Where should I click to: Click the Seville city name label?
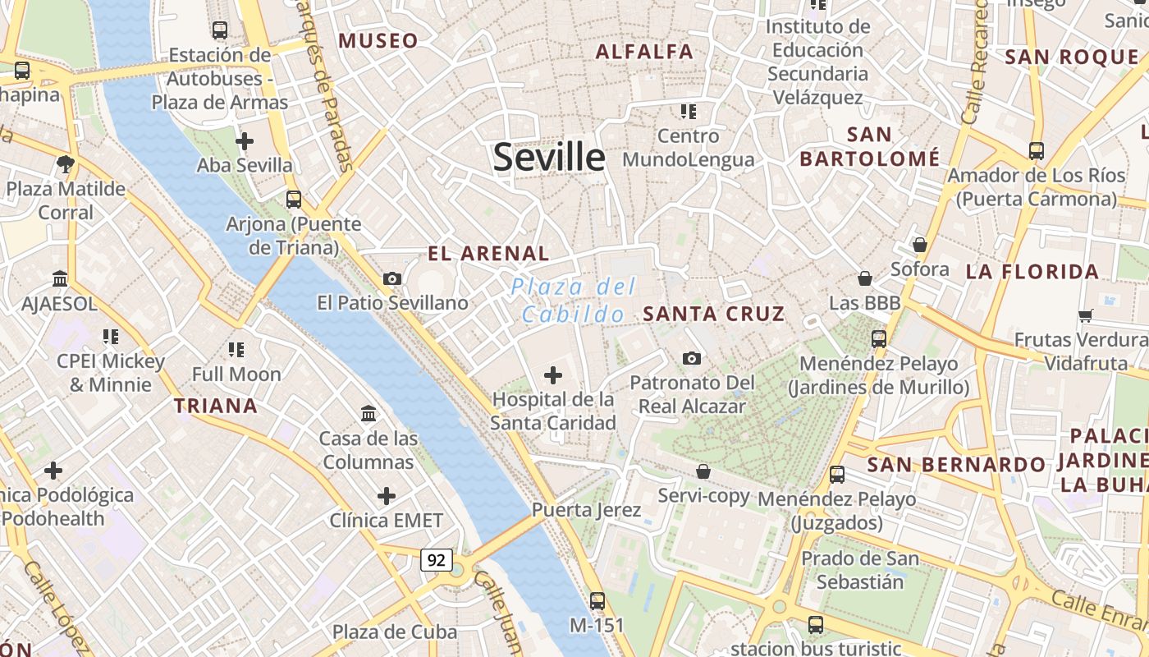pyautogui.click(x=549, y=157)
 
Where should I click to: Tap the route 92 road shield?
pyautogui.click(x=437, y=560)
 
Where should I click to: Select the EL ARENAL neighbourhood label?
pyautogui.click(x=488, y=253)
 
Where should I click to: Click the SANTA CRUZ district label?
pyautogui.click(x=714, y=313)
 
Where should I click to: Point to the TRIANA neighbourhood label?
pyautogui.click(x=216, y=405)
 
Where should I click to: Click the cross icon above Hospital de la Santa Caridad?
pyautogui.click(x=553, y=375)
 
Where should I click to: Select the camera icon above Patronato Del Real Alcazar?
pyautogui.click(x=692, y=358)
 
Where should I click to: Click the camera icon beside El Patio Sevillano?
pyautogui.click(x=392, y=279)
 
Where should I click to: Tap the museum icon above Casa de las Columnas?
pyautogui.click(x=369, y=413)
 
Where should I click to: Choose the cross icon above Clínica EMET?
pyautogui.click(x=386, y=496)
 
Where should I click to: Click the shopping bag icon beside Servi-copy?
pyautogui.click(x=703, y=471)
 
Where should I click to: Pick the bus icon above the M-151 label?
pyautogui.click(x=597, y=600)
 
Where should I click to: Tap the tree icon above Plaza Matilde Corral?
pyautogui.click(x=66, y=164)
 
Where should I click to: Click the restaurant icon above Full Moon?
pyautogui.click(x=236, y=350)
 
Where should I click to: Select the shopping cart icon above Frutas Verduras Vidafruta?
pyautogui.click(x=1086, y=315)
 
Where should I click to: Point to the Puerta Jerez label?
pyautogui.click(x=586, y=510)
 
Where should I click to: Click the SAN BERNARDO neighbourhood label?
pyautogui.click(x=956, y=465)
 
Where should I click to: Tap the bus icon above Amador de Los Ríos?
pyautogui.click(x=1037, y=151)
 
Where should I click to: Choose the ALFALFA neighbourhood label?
pyautogui.click(x=644, y=52)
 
